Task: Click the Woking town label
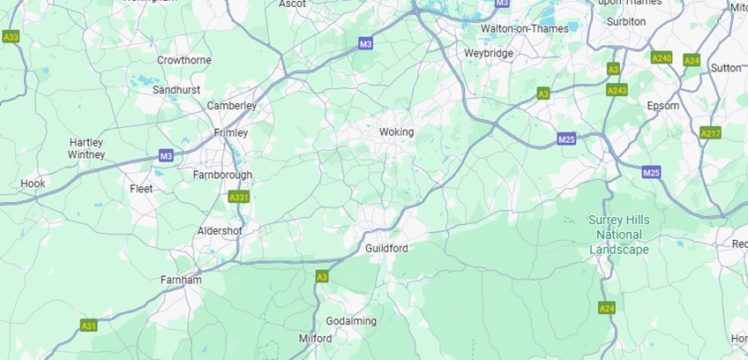(396, 132)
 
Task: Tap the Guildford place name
(386, 249)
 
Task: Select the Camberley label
(231, 106)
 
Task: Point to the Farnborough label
(222, 175)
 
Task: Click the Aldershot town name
(220, 230)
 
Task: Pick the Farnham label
(181, 281)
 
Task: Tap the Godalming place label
(351, 321)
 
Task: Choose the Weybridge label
(489, 53)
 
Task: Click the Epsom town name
(663, 106)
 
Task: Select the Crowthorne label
(183, 60)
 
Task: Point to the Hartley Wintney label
(86, 148)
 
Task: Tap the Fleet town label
(141, 189)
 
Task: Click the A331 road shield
(238, 197)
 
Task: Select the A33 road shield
(11, 37)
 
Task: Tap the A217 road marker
(710, 132)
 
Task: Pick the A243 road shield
(617, 90)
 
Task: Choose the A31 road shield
(88, 326)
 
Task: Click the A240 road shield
(662, 58)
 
